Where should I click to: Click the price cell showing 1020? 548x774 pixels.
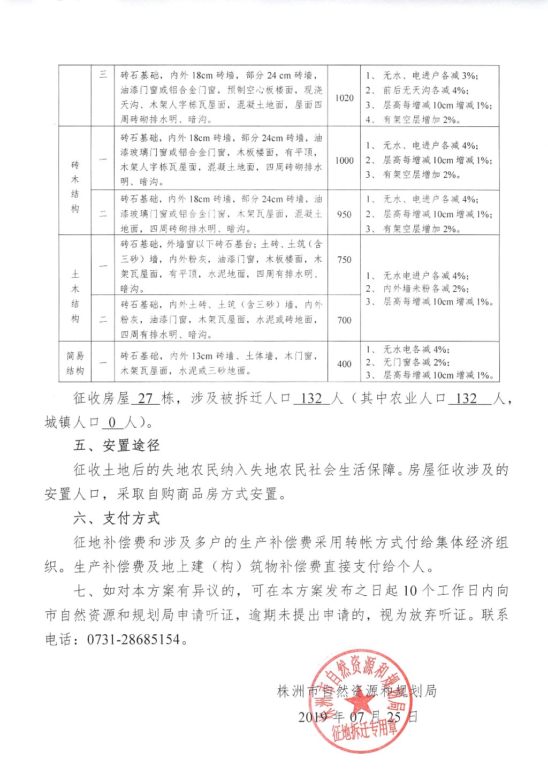(344, 98)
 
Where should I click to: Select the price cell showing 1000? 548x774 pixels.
(344, 160)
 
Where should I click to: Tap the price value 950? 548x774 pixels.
(344, 214)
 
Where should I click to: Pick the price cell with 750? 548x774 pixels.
(344, 260)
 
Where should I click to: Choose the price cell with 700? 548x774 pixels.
(344, 320)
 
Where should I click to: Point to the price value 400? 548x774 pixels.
(344, 364)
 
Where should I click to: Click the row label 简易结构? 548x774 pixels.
(75, 363)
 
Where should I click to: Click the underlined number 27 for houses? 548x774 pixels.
(146, 399)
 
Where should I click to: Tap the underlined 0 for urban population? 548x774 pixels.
(112, 422)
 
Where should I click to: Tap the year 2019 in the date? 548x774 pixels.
(313, 716)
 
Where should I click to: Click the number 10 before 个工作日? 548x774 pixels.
(409, 591)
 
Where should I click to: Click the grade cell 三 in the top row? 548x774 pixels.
(103, 74)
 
